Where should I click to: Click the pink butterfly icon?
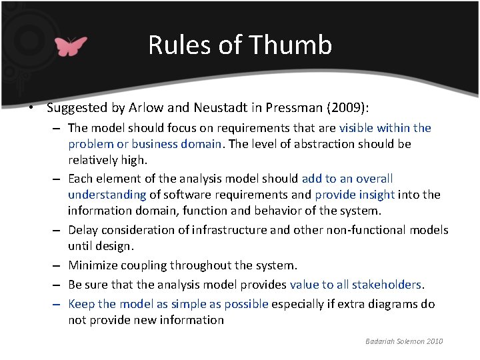click(x=71, y=46)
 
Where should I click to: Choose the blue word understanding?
click(x=107, y=195)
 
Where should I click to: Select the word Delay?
click(x=83, y=230)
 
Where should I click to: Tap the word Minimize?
click(x=95, y=265)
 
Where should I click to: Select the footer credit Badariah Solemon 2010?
click(x=404, y=341)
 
